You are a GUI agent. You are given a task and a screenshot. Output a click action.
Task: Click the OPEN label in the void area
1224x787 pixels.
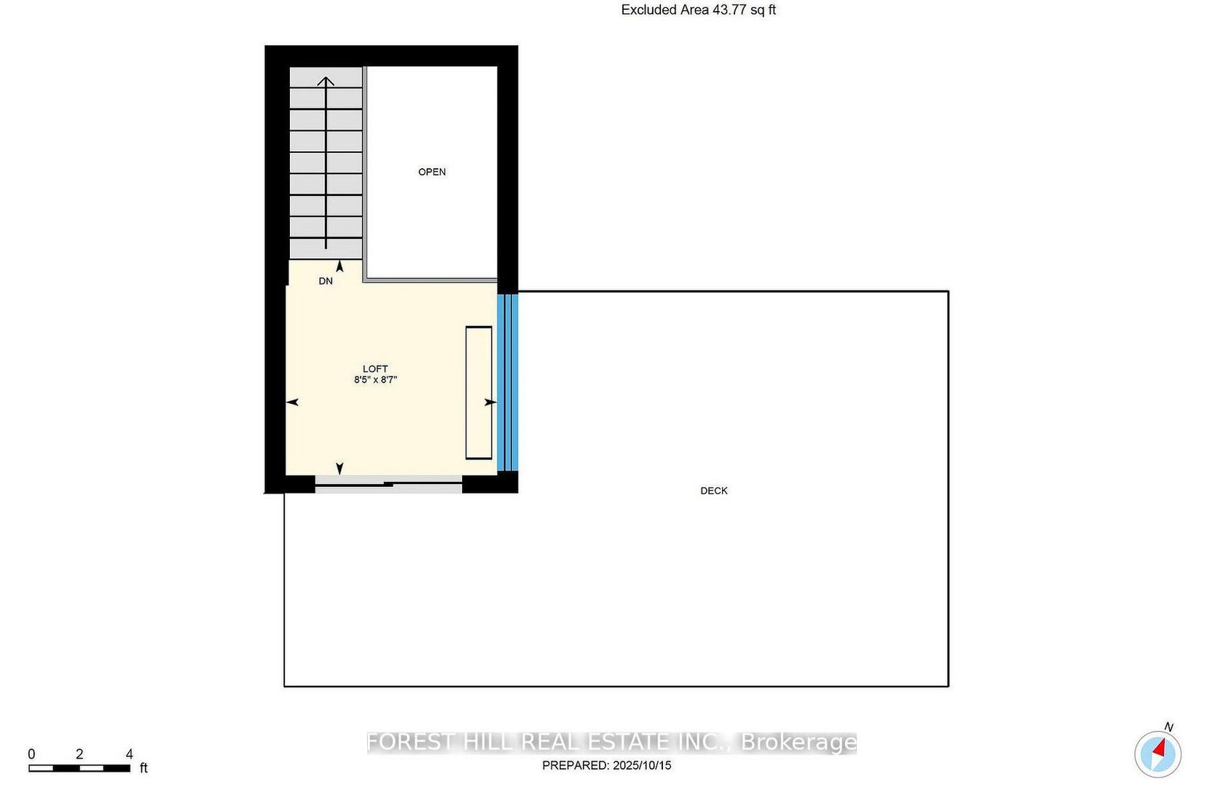tap(431, 172)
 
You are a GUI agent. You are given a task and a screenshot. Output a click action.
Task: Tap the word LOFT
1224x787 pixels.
tap(375, 369)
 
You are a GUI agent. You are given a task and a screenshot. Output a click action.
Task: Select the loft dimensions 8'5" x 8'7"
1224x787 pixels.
tap(375, 380)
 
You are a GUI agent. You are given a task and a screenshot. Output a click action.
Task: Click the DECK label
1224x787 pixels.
tap(714, 491)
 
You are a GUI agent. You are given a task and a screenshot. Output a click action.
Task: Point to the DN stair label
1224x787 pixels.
tap(326, 281)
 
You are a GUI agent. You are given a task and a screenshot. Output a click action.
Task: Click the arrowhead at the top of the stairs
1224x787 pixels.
tap(326, 82)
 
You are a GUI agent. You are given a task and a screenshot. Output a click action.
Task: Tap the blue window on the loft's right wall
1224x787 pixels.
tap(508, 382)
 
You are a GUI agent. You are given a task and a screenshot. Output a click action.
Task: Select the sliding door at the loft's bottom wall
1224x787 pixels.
tap(388, 484)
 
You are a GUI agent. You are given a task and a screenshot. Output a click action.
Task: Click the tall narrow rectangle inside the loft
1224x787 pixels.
tap(479, 392)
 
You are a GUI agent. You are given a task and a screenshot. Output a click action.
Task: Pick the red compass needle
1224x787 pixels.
tap(1160, 748)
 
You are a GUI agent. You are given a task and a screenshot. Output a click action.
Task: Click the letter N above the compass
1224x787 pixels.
tap(1169, 727)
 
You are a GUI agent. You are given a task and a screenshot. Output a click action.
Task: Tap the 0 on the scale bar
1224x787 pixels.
tap(32, 754)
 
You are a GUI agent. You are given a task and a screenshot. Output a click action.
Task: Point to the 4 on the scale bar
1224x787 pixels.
tap(130, 754)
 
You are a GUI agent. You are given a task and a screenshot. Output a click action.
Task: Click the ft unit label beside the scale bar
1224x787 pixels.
tap(144, 768)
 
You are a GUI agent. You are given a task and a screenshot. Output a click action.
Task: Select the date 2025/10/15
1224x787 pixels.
tap(642, 766)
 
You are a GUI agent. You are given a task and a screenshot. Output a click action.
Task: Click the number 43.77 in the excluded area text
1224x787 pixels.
tap(729, 10)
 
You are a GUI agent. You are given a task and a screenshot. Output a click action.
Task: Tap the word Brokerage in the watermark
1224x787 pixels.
tap(799, 742)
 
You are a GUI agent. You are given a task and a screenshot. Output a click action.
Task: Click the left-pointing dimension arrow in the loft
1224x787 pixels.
tap(292, 403)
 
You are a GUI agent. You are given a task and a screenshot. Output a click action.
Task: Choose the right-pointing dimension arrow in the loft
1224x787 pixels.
tap(490, 403)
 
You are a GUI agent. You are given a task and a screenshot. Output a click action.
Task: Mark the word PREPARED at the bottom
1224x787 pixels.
tap(576, 766)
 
